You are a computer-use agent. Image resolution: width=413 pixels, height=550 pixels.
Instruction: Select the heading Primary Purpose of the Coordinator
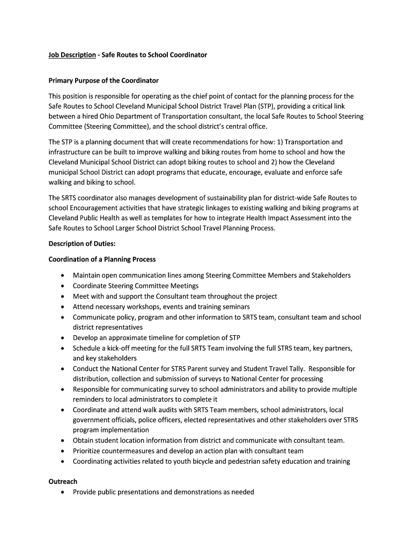coord(104,81)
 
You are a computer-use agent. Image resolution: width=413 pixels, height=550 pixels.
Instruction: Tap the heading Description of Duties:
coord(78,244)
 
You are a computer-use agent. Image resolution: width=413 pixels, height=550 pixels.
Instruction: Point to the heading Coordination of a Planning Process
coord(102,259)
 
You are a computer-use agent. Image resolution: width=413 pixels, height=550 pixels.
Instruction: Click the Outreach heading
coord(63,482)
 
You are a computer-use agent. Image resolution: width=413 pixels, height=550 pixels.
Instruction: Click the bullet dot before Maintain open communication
coord(63,276)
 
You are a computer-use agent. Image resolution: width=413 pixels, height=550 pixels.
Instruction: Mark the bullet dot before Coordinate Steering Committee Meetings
coord(63,286)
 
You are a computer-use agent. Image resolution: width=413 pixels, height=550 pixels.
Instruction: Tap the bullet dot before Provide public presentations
coord(63,493)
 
